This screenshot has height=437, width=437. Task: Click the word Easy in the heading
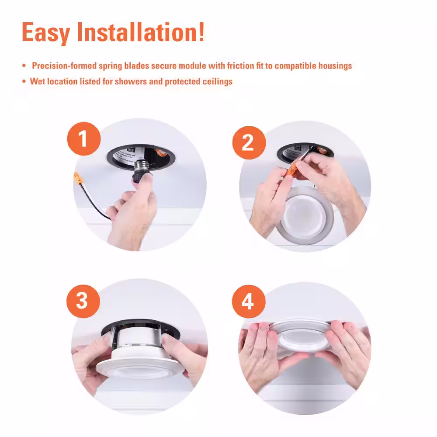point(46,33)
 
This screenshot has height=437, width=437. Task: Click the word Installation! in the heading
point(141,32)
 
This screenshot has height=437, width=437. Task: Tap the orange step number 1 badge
point(83,139)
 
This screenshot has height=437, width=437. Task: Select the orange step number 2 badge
point(249,143)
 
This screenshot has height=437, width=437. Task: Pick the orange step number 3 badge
point(83,301)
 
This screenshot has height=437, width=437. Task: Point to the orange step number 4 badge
point(249,302)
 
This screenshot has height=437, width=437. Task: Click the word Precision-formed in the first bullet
point(64,66)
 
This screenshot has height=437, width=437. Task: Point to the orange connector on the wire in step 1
point(78,178)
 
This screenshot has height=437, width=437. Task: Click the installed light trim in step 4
point(302,336)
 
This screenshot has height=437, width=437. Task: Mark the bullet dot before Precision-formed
point(24,66)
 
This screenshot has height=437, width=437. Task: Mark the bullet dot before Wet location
point(24,81)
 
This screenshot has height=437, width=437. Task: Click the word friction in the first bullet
point(240,66)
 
